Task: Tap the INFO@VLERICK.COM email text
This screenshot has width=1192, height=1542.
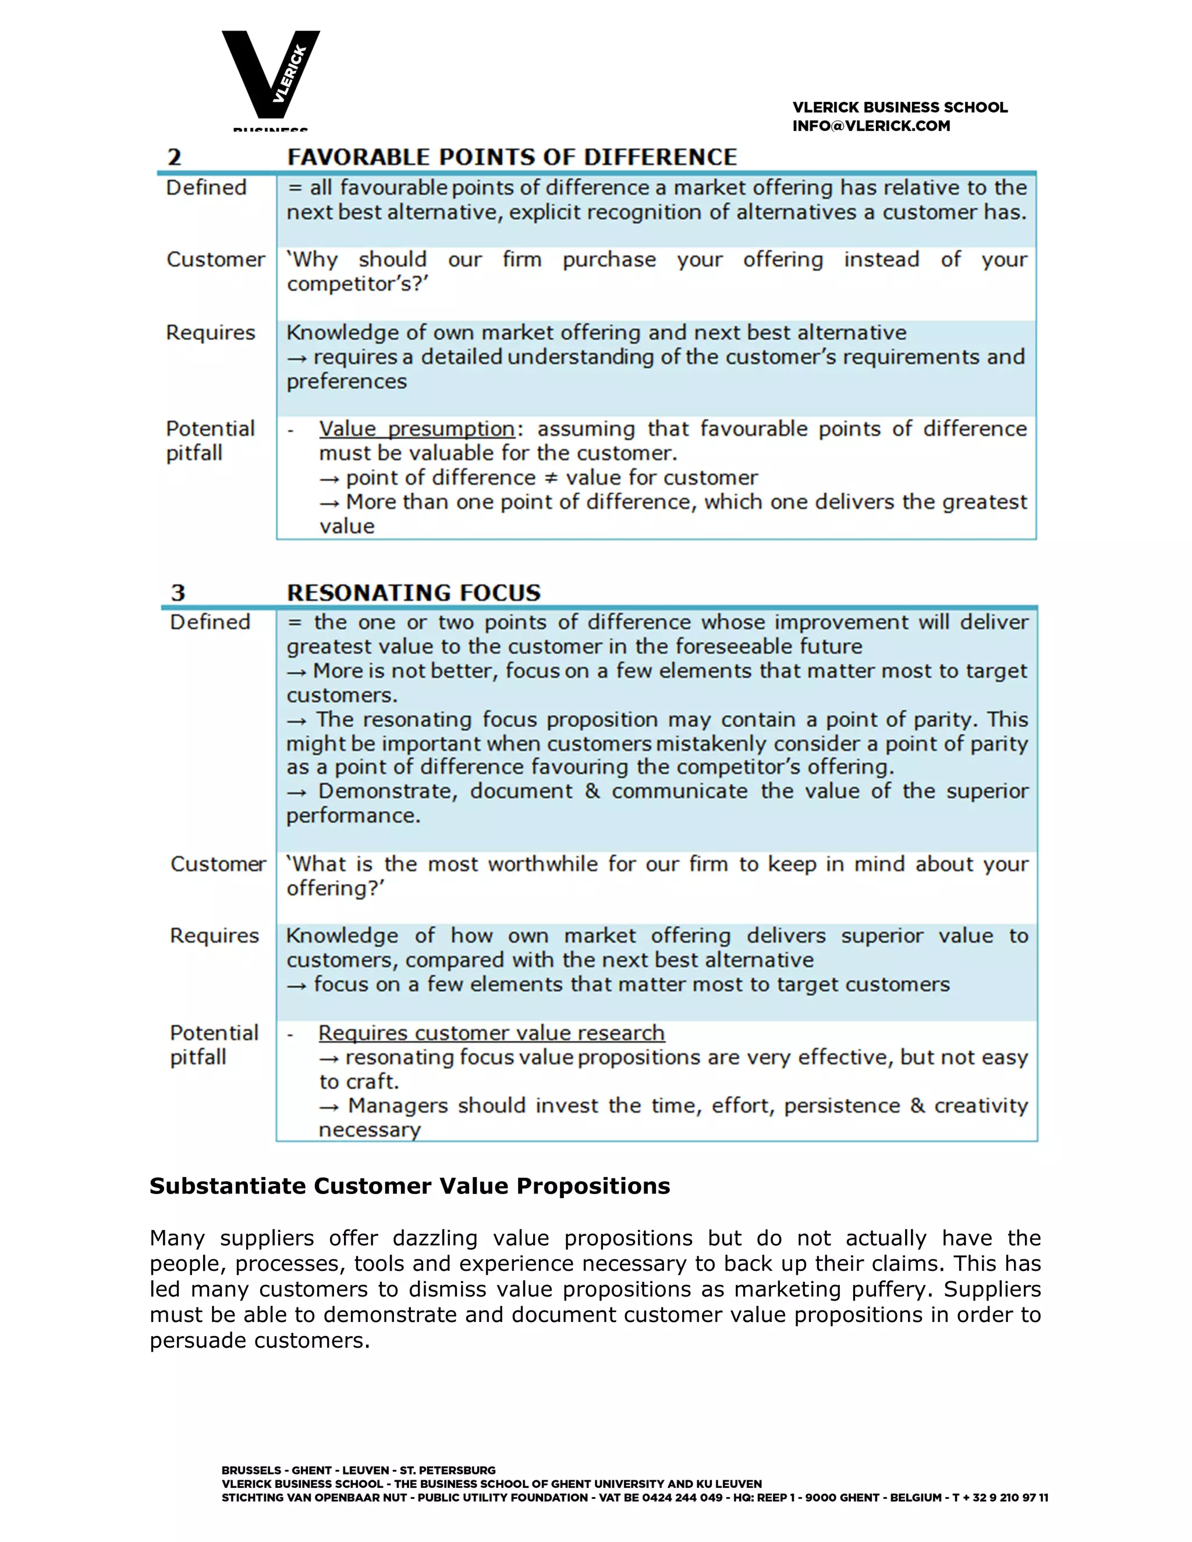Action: (x=871, y=126)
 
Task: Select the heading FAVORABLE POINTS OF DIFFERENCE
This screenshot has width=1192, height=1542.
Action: (x=511, y=157)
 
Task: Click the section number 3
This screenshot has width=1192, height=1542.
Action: (x=178, y=592)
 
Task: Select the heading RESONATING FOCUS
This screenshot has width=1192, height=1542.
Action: (x=414, y=592)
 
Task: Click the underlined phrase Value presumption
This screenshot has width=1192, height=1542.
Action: (x=417, y=429)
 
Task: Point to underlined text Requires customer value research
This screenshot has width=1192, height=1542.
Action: (x=491, y=1032)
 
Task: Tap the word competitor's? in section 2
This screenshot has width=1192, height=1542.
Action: (x=357, y=284)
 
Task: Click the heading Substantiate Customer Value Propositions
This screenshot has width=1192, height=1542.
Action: (x=410, y=1185)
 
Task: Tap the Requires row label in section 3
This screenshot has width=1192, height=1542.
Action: (x=214, y=936)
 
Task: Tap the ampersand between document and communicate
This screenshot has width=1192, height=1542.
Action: (x=592, y=791)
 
